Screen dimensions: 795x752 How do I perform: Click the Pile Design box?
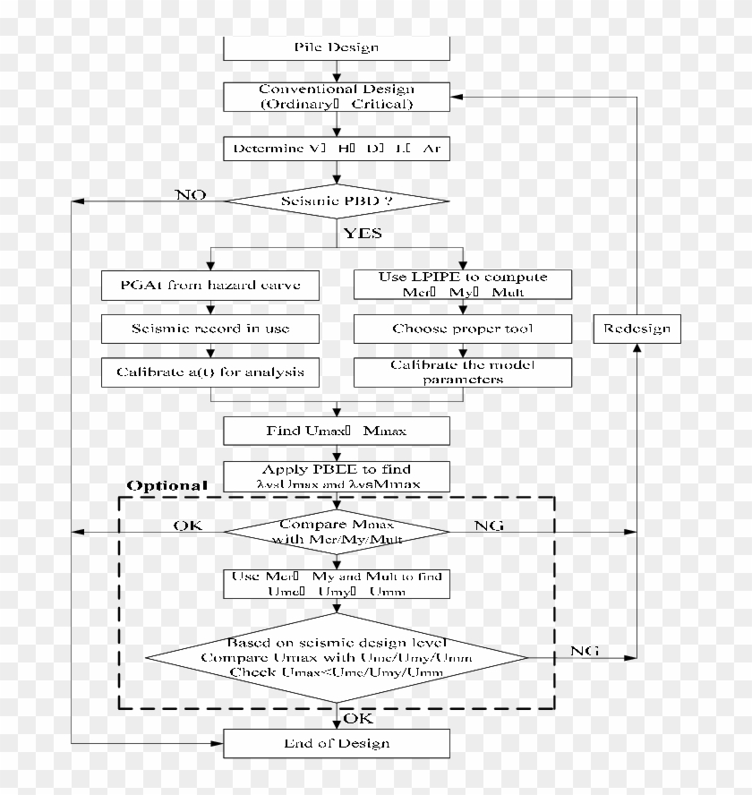[336, 48]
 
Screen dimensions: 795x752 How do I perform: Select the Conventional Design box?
[336, 97]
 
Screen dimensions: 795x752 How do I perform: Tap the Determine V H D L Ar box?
[336, 149]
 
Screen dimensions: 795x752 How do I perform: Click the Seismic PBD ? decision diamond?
[336, 201]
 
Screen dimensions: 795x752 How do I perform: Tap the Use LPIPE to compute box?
[462, 285]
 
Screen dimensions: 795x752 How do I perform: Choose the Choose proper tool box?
[462, 329]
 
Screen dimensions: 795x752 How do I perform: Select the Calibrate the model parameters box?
[462, 372]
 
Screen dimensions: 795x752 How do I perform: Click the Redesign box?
[637, 329]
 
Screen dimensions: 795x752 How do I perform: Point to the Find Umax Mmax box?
[336, 432]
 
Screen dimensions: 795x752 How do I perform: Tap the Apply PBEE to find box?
[336, 476]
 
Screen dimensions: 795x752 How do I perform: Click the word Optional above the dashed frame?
[167, 485]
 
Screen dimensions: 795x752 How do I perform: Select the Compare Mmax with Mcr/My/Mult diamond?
[336, 532]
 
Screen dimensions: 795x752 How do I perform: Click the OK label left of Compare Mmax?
[187, 526]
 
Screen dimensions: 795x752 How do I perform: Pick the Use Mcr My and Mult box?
[336, 584]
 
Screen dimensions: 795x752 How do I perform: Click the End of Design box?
[336, 743]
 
